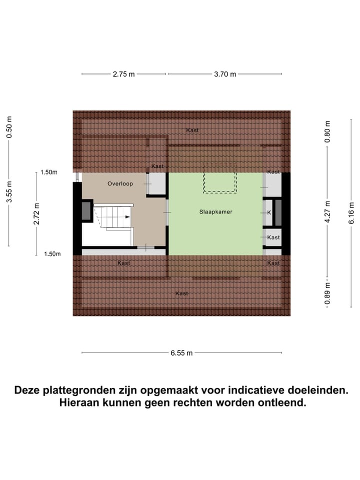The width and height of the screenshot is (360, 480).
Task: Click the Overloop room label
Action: click(120, 183)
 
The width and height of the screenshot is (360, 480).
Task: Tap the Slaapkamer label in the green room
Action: click(215, 211)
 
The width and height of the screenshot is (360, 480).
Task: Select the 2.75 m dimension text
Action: click(123, 74)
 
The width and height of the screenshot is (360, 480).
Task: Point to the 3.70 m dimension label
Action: click(225, 74)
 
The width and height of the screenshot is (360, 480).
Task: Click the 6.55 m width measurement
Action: click(181, 353)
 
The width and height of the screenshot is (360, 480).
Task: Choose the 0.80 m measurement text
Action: click(327, 131)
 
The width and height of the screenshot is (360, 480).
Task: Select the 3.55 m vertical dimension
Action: click(9, 191)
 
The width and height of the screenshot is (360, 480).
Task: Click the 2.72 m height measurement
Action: click(36, 213)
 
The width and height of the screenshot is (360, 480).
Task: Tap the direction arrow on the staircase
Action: click(127, 217)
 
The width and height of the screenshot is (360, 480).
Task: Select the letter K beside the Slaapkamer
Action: click(269, 212)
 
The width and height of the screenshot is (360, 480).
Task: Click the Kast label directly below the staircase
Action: click(123, 263)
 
